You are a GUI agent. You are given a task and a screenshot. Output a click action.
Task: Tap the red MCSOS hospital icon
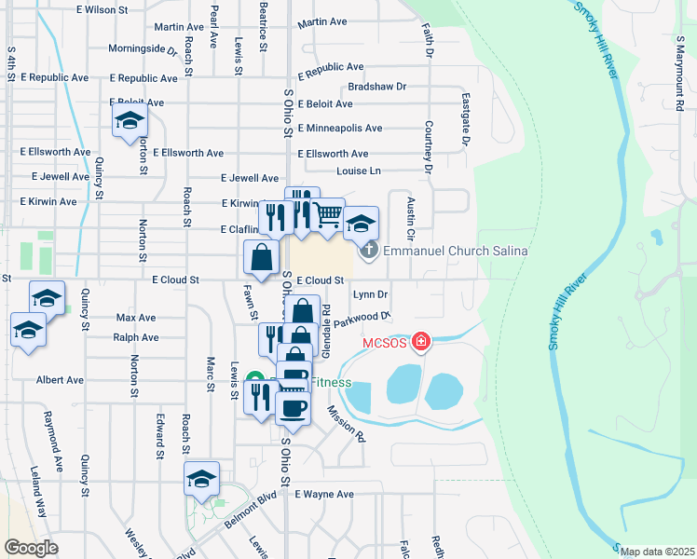click(421, 343)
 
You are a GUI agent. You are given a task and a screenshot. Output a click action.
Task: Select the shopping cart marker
click(327, 215)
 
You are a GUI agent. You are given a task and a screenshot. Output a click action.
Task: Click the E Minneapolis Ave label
click(339, 129)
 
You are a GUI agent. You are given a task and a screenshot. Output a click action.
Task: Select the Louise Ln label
click(359, 171)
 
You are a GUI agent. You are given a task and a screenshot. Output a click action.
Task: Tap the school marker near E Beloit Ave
click(130, 121)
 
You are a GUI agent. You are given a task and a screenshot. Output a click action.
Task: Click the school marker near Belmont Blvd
click(201, 479)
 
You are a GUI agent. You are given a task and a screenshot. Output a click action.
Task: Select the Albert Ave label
click(60, 380)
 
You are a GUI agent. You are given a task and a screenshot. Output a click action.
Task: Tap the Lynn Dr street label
click(370, 295)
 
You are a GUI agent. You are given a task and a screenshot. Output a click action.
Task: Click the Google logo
click(31, 548)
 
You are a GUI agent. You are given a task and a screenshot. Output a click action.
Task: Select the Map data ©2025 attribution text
click(657, 552)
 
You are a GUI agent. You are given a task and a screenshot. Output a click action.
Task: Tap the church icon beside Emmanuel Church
click(369, 251)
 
